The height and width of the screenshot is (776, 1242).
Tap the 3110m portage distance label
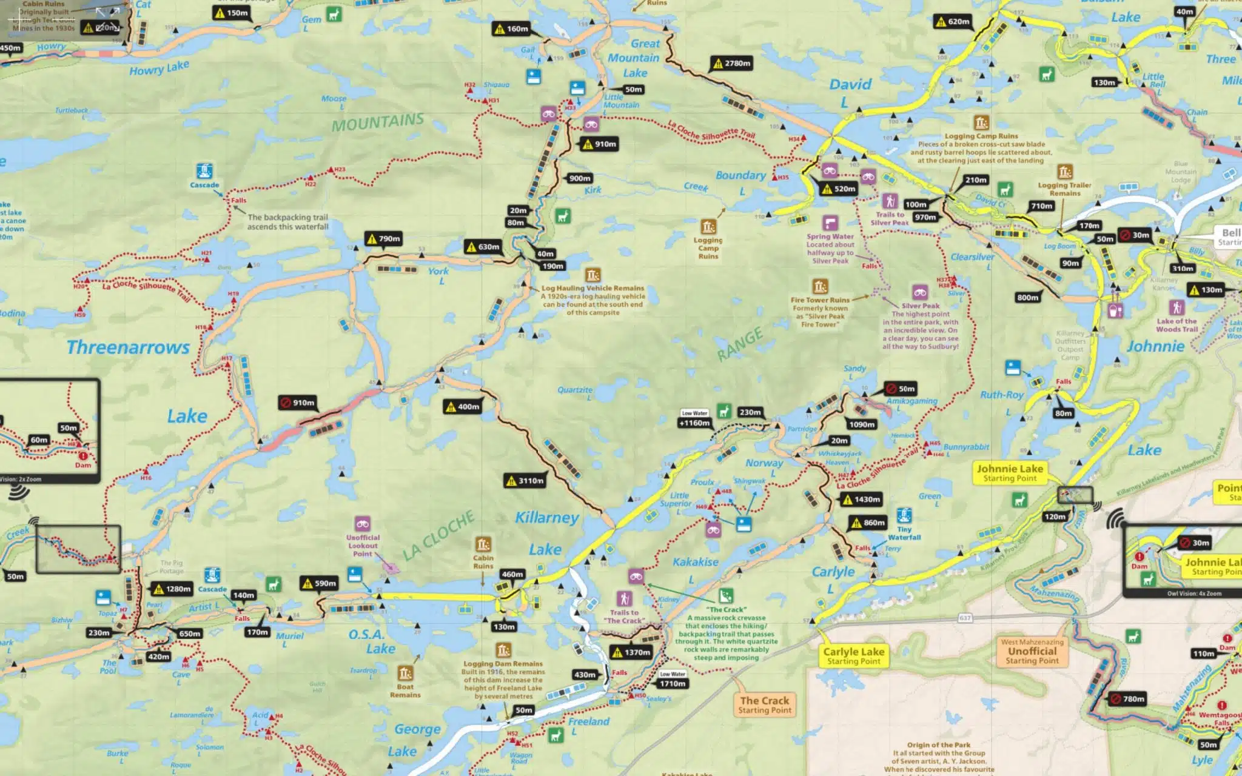tap(525, 481)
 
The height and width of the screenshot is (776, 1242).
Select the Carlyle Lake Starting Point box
tap(853, 655)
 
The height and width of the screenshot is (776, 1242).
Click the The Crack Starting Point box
tap(764, 704)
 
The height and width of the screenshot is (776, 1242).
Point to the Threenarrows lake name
tap(128, 347)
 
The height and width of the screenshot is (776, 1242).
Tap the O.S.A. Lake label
tap(371, 641)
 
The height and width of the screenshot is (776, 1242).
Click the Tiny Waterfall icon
tap(904, 515)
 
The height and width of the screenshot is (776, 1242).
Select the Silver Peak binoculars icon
tap(920, 293)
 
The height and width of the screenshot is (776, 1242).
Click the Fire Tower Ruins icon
tap(820, 286)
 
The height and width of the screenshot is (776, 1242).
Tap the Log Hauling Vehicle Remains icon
tap(592, 275)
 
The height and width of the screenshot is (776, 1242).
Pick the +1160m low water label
tap(694, 423)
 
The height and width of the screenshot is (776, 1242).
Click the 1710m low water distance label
tap(673, 683)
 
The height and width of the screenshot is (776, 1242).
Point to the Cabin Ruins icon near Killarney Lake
tap(483, 544)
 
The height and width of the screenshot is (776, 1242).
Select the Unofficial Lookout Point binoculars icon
tap(363, 524)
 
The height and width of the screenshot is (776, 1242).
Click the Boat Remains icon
tap(405, 673)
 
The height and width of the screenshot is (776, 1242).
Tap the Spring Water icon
tap(830, 223)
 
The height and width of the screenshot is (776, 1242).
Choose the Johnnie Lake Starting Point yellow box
tap(1010, 473)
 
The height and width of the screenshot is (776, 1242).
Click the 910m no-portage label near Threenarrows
tap(298, 403)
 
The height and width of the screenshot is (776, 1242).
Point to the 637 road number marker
tap(965, 618)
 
